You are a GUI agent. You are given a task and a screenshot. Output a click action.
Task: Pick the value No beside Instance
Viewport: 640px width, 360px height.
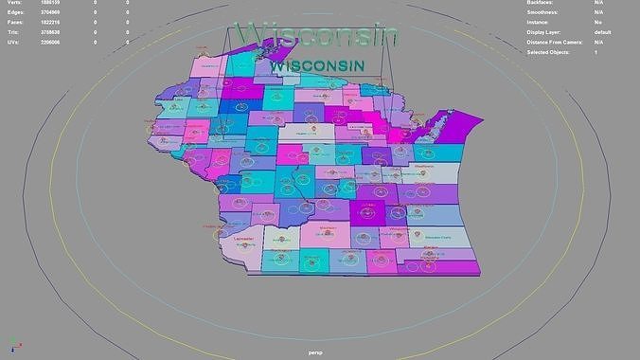pyautogui.click(x=598, y=23)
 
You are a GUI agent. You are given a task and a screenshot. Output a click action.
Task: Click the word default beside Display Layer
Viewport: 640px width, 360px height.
pyautogui.click(x=603, y=32)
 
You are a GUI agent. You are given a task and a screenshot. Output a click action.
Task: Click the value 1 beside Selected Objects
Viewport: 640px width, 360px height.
pyautogui.click(x=596, y=52)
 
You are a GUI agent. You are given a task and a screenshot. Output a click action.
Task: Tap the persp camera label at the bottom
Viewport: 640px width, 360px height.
pyautogui.click(x=316, y=352)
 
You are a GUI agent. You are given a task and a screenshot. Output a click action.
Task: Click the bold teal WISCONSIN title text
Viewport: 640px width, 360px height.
pyautogui.click(x=317, y=66)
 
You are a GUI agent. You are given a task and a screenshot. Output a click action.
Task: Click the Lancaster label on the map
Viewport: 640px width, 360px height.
pyautogui.click(x=243, y=240)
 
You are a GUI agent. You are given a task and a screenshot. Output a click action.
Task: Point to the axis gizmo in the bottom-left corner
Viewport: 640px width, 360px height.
pyautogui.click(x=13, y=347)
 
